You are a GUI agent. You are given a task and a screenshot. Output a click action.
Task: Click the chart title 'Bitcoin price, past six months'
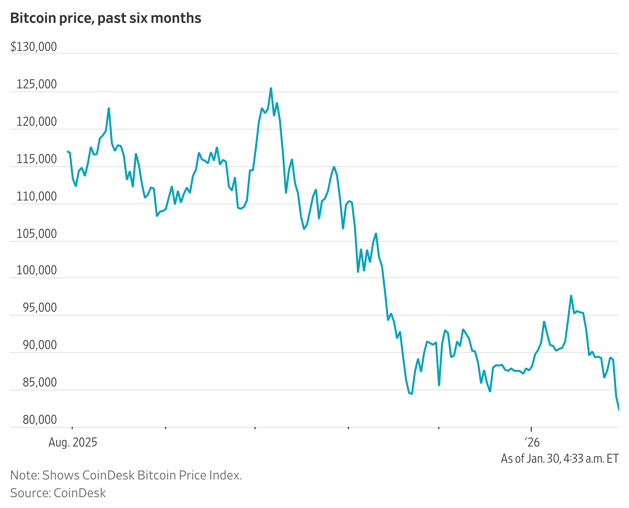coord(105,18)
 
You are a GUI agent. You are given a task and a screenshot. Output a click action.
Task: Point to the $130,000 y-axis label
coord(34,47)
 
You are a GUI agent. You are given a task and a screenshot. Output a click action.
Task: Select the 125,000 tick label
coord(37,84)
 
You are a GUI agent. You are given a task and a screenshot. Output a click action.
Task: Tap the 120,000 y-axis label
coord(37,122)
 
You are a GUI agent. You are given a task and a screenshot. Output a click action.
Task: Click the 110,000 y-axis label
coord(37,196)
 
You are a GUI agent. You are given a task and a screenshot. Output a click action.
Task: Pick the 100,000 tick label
coord(37,270)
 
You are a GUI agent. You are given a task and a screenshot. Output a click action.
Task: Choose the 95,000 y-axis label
coord(40,308)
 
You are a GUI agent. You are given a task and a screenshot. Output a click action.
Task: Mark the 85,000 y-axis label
coord(40,383)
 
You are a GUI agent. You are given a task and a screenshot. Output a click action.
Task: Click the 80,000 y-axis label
coord(40,420)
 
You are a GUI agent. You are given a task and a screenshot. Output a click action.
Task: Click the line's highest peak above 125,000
coord(271,88)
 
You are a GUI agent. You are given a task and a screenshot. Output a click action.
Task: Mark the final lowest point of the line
coord(619,410)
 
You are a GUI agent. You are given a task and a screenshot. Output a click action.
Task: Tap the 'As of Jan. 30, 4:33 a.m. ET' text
coord(560,459)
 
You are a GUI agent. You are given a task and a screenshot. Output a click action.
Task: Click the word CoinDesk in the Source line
coord(80,493)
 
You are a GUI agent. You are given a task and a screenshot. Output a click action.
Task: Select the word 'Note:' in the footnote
coord(25,475)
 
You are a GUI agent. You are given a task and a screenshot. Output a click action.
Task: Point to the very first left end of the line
coord(68,152)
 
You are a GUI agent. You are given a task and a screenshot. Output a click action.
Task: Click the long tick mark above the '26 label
coord(531,429)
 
